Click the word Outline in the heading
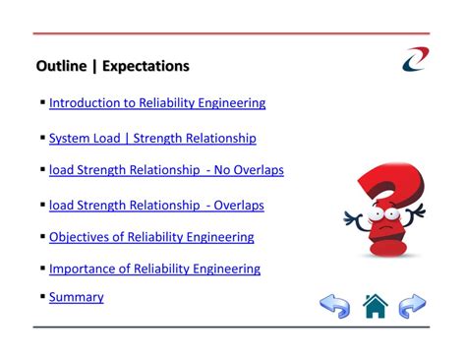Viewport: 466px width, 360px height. (61, 67)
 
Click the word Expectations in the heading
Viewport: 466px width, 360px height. (143, 67)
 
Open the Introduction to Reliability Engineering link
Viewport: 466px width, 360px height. (156, 102)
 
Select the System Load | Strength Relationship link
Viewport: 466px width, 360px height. (152, 139)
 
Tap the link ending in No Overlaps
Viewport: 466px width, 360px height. (166, 170)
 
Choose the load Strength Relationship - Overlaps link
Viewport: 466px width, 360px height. (156, 206)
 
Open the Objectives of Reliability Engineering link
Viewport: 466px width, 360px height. (151, 237)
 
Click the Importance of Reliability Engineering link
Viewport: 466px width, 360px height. (154, 269)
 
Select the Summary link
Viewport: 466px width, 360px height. (76, 297)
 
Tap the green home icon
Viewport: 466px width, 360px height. (376, 307)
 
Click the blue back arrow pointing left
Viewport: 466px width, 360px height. (335, 307)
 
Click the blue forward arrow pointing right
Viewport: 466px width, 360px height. (413, 307)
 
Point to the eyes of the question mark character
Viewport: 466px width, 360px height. (382, 213)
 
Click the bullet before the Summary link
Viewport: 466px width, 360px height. (43, 296)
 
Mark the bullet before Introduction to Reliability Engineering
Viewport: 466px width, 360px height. (43, 102)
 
